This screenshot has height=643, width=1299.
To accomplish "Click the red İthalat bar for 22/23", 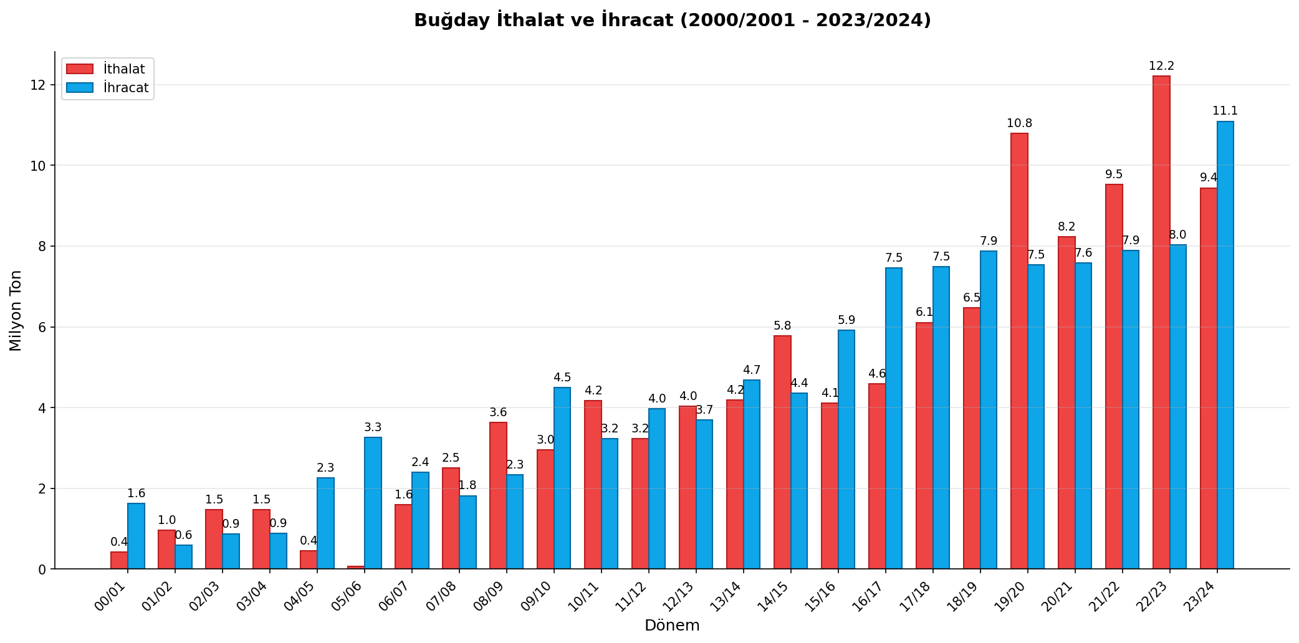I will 1161,322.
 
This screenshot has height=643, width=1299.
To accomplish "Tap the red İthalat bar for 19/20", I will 1019,351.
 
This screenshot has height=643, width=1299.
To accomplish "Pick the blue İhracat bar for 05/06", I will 373,503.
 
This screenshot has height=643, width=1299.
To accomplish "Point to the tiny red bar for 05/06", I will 356,567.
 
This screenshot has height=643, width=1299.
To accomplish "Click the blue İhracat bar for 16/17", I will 894,418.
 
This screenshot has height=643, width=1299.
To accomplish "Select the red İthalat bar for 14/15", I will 782,452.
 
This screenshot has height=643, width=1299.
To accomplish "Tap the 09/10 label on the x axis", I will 537,596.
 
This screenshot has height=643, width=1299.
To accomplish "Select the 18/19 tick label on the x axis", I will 963,596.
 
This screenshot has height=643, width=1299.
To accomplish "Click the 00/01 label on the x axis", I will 110,596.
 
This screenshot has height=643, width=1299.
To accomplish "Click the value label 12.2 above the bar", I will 1161,66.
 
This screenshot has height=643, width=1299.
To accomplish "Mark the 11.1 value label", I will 1225,111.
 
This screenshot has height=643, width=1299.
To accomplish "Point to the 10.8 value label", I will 1019,123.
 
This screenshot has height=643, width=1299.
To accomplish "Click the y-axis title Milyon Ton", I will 16,310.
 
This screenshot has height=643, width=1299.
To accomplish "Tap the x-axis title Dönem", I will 672,626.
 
